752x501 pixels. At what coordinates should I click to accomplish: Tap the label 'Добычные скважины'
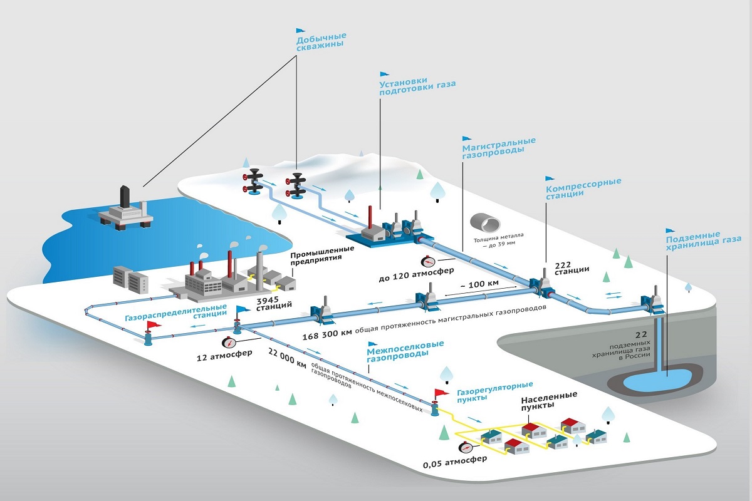click(x=321, y=42)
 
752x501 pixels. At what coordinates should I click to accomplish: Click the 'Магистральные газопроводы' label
click(x=499, y=148)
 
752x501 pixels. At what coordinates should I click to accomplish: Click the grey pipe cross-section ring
click(x=485, y=222)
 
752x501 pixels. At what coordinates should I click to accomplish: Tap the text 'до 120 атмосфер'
click(x=416, y=274)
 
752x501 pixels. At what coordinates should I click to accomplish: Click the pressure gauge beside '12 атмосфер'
click(x=229, y=343)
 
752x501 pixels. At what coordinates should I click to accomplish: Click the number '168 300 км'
click(x=327, y=334)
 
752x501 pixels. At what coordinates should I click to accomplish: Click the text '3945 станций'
click(x=274, y=303)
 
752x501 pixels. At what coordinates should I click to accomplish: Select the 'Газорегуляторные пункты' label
click(x=495, y=391)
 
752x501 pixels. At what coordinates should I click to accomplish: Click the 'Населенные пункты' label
click(x=549, y=400)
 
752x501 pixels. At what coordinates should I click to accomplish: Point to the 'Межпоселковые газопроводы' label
click(x=405, y=351)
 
